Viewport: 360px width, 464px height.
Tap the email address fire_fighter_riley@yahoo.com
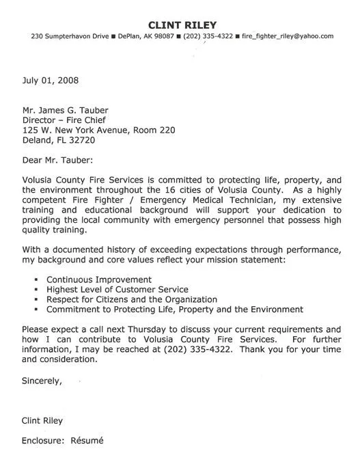288,36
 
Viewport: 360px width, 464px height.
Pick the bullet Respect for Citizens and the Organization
131,299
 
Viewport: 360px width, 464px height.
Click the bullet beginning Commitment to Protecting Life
174,309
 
